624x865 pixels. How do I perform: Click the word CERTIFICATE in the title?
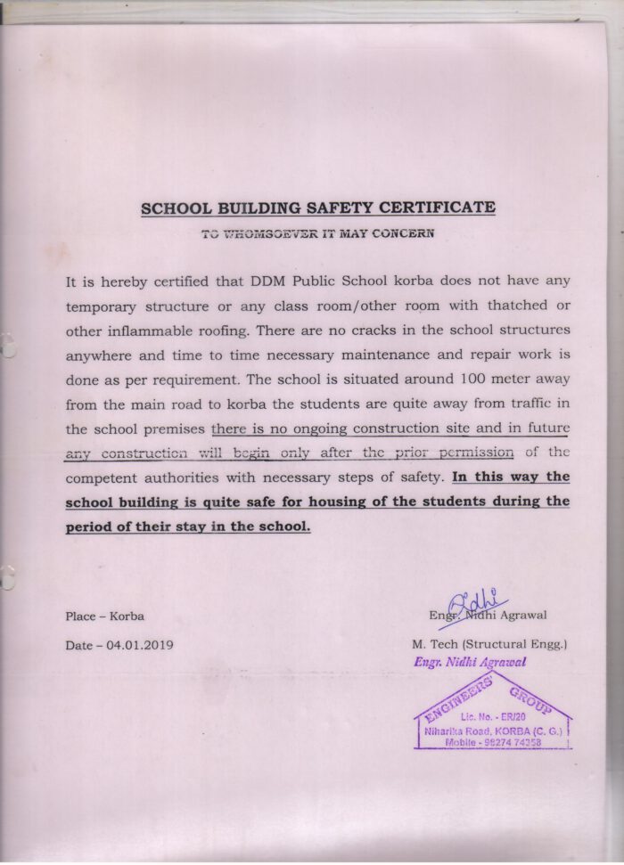(x=437, y=208)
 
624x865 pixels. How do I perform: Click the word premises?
(x=175, y=428)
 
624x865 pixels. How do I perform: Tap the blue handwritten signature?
(x=475, y=603)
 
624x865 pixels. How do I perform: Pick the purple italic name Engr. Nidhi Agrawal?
(x=470, y=662)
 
